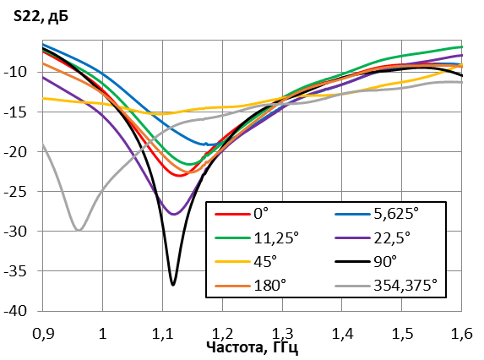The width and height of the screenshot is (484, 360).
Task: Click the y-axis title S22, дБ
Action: pos(41,17)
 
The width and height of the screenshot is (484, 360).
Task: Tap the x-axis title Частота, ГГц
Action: pos(253,347)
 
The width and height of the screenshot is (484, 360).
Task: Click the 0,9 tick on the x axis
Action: pos(43,334)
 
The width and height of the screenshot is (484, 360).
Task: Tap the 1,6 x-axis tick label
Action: pos(462,334)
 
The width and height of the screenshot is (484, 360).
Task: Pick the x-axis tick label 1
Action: pos(102,334)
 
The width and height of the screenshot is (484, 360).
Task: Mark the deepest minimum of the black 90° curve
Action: pos(173,285)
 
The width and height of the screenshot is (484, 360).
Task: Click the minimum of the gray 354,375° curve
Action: pos(79,229)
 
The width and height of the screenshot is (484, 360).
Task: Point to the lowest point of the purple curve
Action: pos(173,214)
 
